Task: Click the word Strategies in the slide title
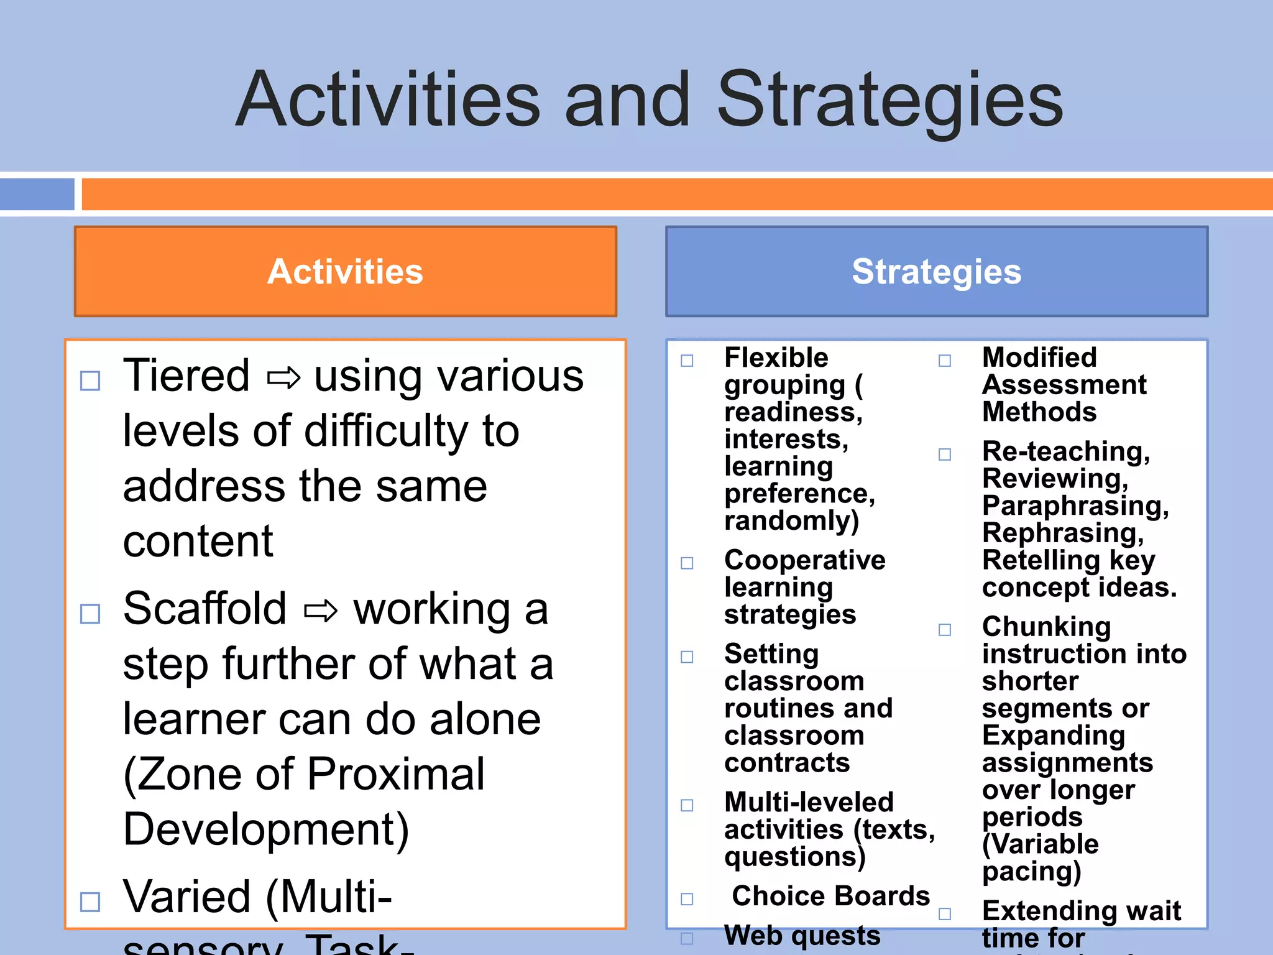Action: click(890, 101)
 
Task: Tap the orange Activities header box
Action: click(346, 272)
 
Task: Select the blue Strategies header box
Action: click(936, 272)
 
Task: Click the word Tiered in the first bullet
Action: click(186, 376)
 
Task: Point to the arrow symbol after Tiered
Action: click(283, 377)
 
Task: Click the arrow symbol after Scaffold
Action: click(321, 611)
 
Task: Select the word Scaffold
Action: click(205, 609)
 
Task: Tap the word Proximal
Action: click(396, 775)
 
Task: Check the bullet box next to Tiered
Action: click(91, 381)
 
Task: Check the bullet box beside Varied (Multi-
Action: click(91, 902)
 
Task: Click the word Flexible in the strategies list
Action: click(776, 358)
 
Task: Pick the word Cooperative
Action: click(804, 560)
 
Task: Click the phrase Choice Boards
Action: click(830, 896)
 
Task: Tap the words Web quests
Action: click(802, 936)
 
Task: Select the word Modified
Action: click(1039, 358)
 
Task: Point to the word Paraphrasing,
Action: click(1075, 506)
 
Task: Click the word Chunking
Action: click(1046, 627)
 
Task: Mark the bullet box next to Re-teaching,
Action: click(945, 454)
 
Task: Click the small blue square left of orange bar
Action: click(37, 194)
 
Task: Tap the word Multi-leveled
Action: click(809, 803)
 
